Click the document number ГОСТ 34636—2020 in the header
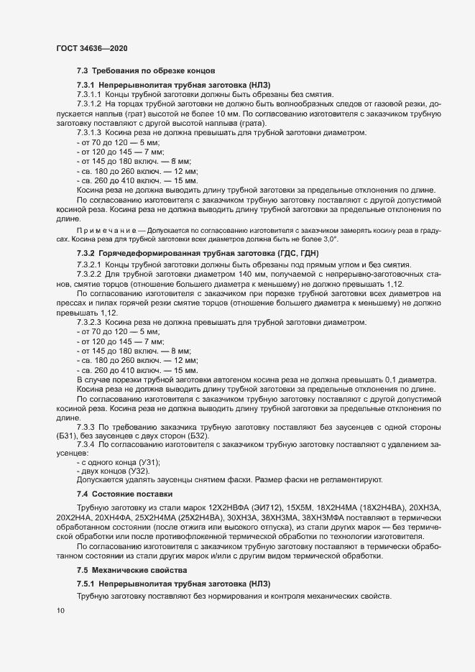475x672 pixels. [93, 47]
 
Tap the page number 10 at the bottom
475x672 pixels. [60, 611]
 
